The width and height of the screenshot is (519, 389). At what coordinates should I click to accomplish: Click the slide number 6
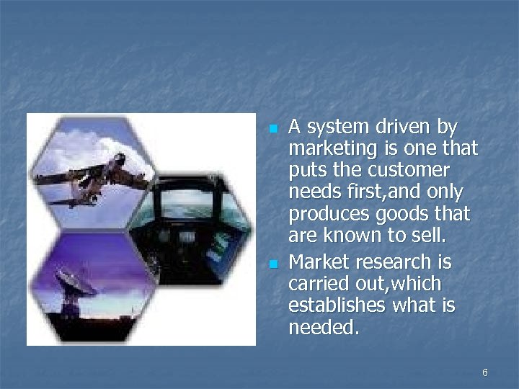pos(484,372)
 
